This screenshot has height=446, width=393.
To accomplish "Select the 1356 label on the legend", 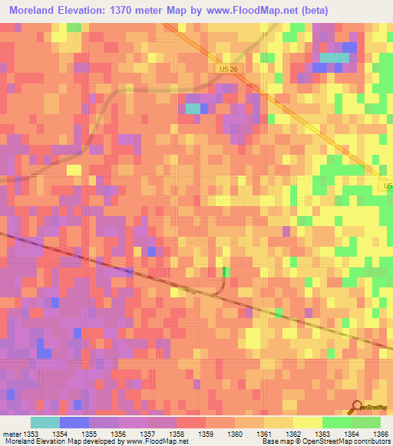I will tap(118, 434).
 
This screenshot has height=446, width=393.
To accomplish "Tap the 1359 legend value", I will tap(206, 434).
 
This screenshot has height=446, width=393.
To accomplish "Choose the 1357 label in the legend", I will tap(147, 434).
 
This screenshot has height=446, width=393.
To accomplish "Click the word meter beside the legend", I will tap(10, 434).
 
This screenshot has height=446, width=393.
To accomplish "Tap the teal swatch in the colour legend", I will tap(45, 422).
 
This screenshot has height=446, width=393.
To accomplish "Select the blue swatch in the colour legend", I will tap(74, 422).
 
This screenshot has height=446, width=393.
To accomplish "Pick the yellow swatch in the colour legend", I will tap(308, 422).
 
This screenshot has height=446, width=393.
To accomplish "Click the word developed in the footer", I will tap(99, 441).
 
